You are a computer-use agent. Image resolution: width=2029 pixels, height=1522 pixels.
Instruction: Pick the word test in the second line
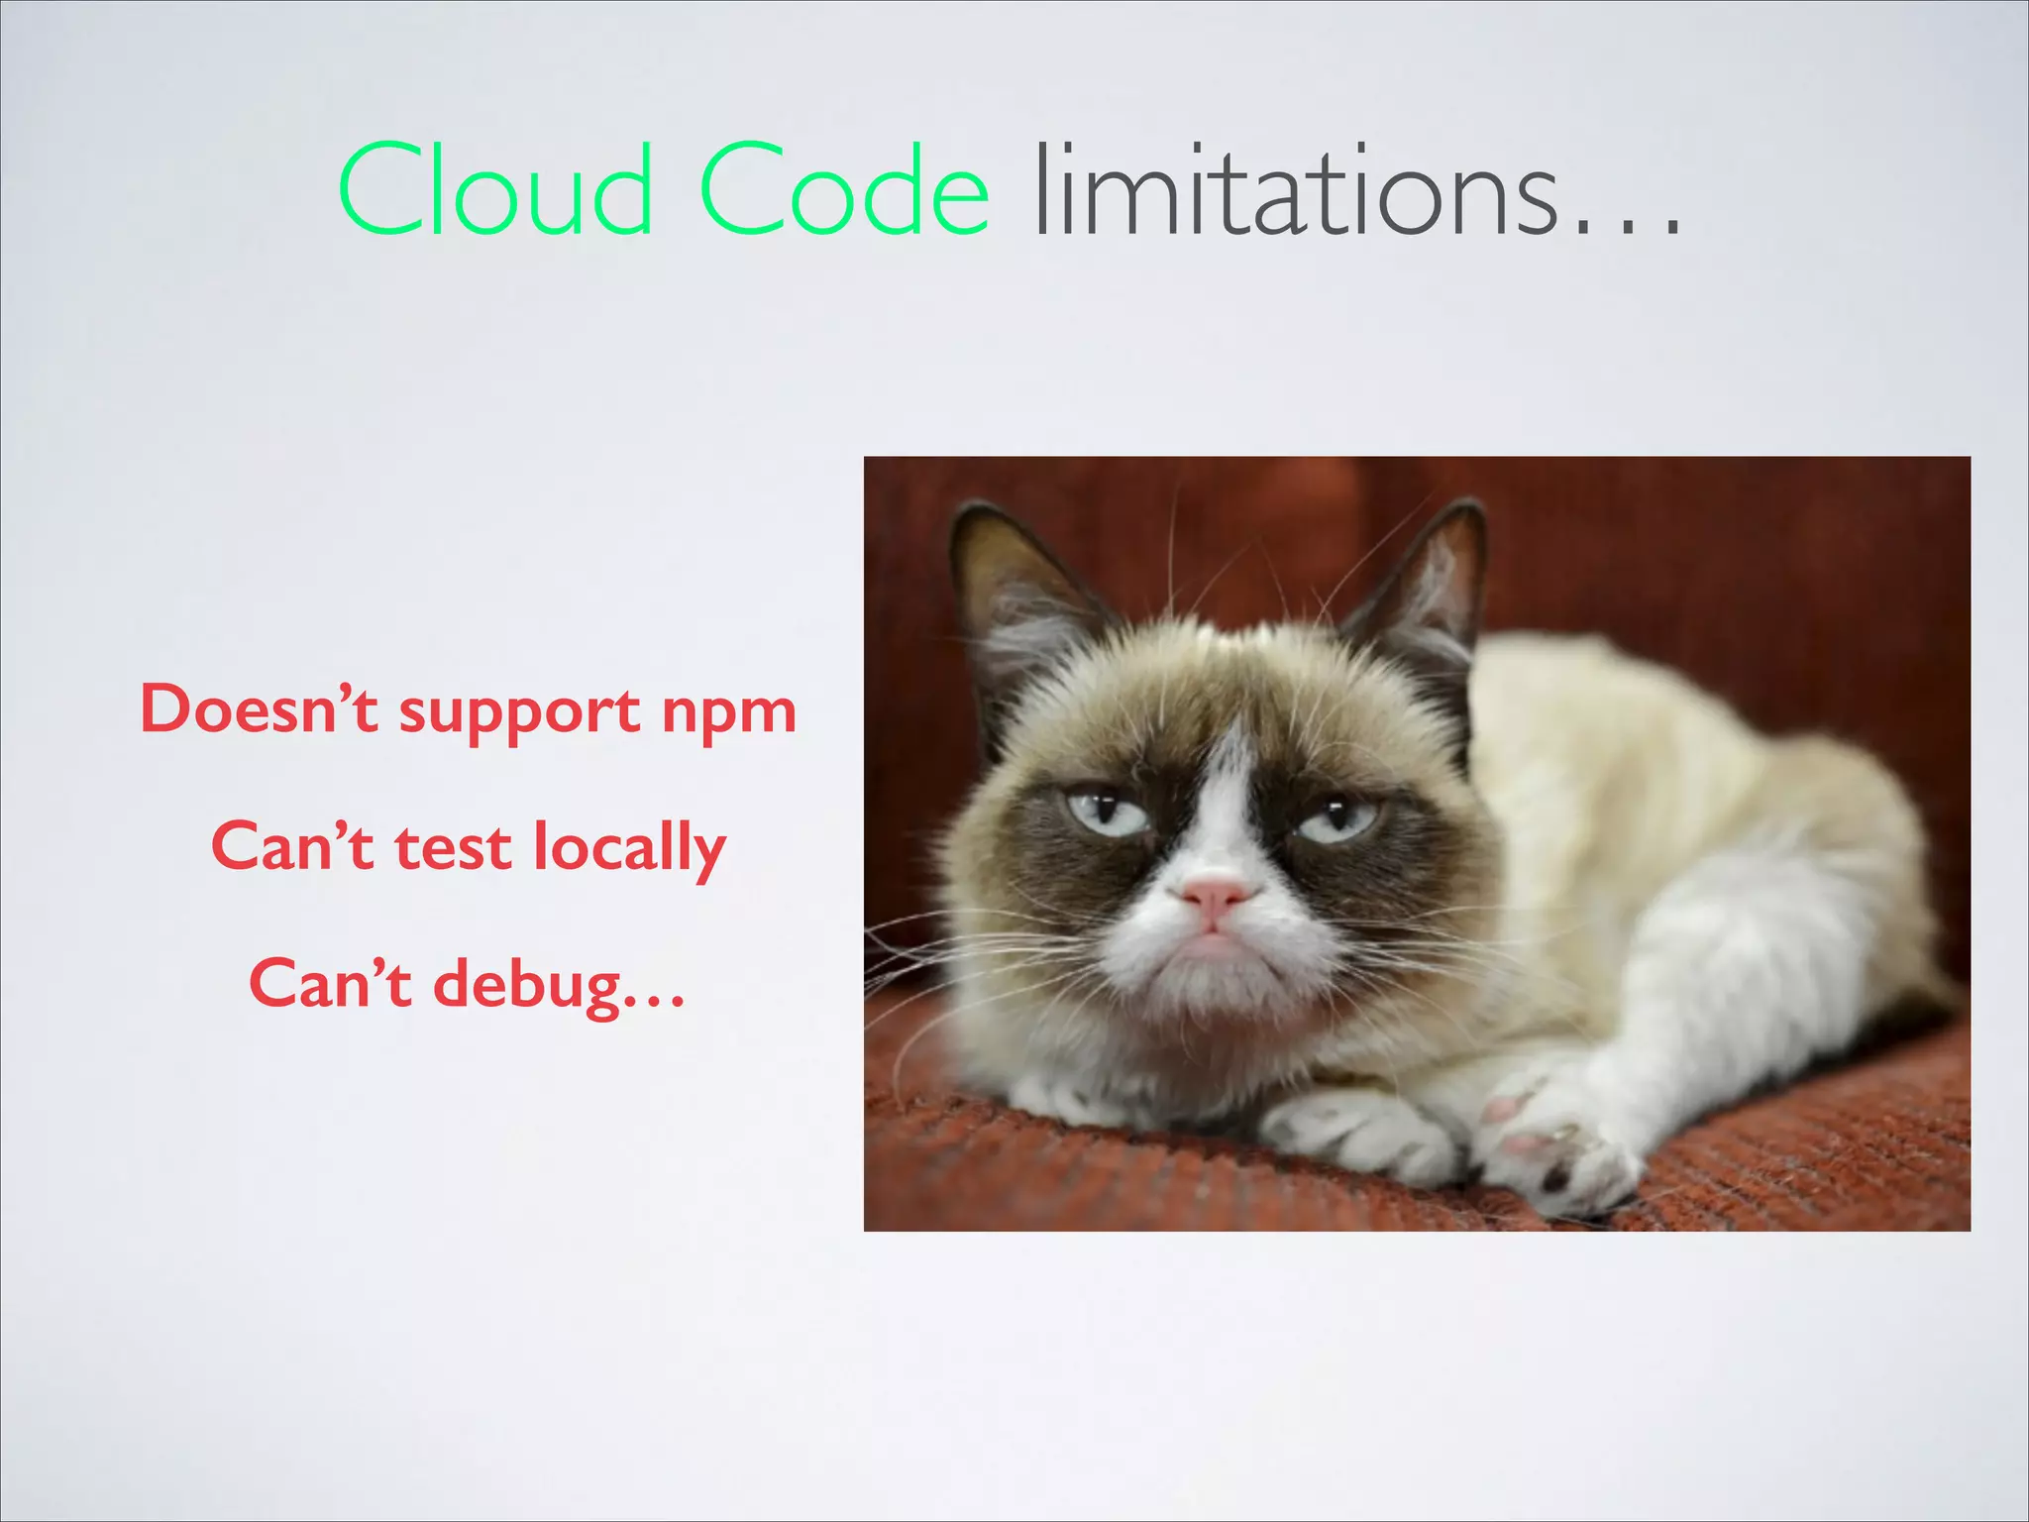(x=453, y=848)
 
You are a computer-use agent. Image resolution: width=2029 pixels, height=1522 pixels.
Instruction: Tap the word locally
(x=629, y=850)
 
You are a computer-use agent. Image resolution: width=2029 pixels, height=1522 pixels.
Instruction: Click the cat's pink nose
(x=1215, y=895)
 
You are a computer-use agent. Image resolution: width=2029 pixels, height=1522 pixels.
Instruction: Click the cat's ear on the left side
(x=1011, y=585)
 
